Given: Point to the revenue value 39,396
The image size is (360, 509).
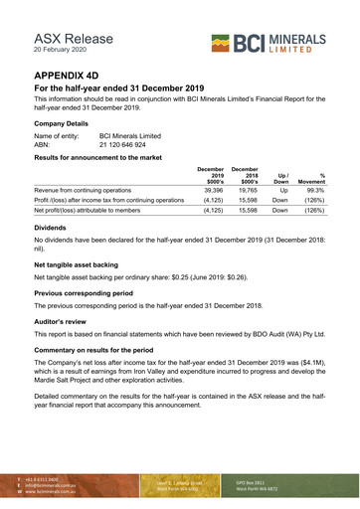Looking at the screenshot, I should coord(210,188).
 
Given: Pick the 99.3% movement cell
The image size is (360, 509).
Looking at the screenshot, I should coord(315,188).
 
